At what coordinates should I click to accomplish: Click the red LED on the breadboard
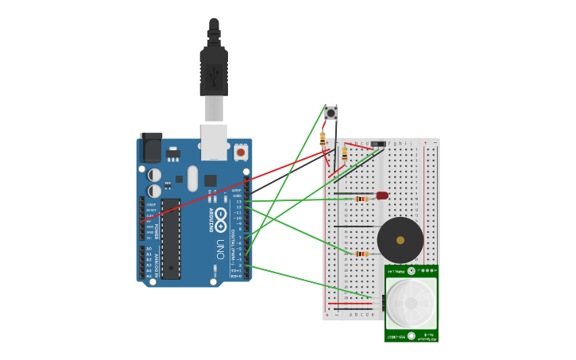pos(382,195)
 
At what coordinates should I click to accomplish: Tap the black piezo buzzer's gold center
pos(400,240)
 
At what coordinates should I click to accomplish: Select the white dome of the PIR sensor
pos(411,303)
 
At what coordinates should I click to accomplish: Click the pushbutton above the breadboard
pos(331,113)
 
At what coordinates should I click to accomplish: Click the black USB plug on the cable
pos(214,72)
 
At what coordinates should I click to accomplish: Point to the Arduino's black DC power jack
pos(150,148)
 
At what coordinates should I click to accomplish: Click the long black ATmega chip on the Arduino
pos(171,238)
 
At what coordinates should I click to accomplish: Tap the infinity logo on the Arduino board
pos(220,215)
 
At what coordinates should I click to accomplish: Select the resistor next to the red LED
pos(361,199)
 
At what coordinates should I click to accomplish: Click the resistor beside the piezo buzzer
pos(361,254)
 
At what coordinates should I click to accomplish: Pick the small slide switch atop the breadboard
pos(378,144)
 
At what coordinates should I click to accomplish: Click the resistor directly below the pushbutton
pos(323,139)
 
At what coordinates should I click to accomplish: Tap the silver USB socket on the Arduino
pos(214,141)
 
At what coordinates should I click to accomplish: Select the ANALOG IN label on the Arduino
pos(157,262)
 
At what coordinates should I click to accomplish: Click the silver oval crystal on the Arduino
pos(192,178)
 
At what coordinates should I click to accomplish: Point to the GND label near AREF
pos(237,196)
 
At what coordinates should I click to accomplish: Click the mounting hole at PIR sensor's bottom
pos(411,335)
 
